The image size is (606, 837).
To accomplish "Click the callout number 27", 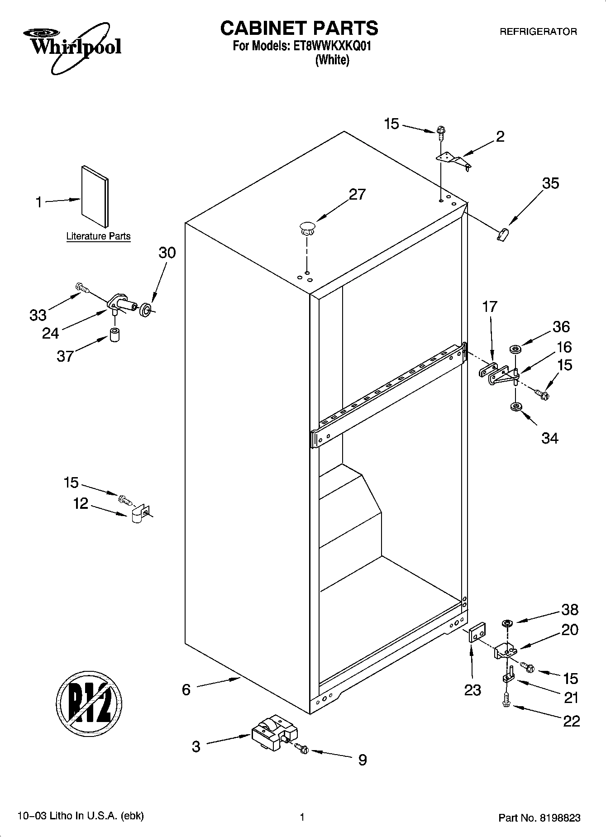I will click(x=357, y=195).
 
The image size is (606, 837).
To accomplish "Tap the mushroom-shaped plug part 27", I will click(x=307, y=228).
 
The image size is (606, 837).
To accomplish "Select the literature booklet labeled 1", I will click(x=95, y=196).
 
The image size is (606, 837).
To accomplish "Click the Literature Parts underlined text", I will click(x=98, y=236).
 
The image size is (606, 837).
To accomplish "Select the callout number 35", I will click(x=550, y=183).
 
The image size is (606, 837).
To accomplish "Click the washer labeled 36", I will click(x=515, y=349).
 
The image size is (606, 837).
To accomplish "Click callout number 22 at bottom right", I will click(x=571, y=720).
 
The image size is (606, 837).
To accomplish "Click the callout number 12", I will click(x=81, y=503).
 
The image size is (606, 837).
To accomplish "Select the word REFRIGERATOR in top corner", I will click(x=538, y=32).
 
